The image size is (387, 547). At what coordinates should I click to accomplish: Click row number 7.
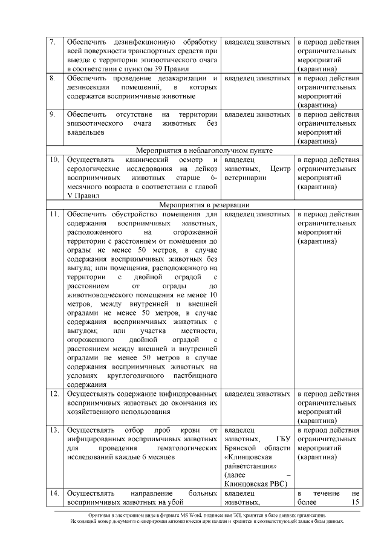pyautogui.click(x=53, y=42)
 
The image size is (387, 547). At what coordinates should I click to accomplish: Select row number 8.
pyautogui.click(x=53, y=79)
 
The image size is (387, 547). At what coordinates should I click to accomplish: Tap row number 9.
pyautogui.click(x=53, y=114)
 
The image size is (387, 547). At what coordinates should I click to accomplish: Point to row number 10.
pyautogui.click(x=54, y=160)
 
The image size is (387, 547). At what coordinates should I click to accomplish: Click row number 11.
pyautogui.click(x=54, y=214)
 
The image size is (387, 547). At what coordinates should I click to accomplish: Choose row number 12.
pyautogui.click(x=54, y=393)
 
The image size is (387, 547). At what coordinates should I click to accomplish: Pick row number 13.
pyautogui.click(x=54, y=430)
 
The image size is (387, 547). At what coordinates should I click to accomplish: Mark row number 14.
pyautogui.click(x=54, y=494)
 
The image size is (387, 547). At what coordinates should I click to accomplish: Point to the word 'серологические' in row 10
pyautogui.click(x=94, y=169)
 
